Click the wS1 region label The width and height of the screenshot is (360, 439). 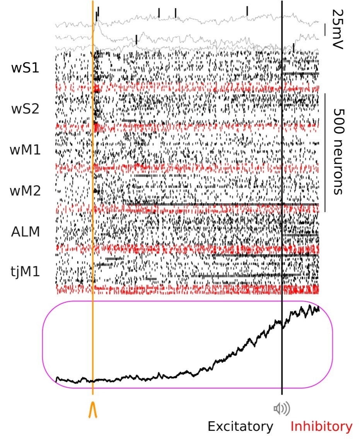26,68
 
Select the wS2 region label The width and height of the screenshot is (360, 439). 26,109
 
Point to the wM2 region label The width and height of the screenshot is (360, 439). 26,191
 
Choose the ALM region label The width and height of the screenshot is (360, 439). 26,232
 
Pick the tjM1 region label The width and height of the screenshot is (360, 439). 26,272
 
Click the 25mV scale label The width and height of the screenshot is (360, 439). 338,29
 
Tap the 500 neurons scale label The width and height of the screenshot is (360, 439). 338,151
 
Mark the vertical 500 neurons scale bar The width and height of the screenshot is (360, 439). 325,152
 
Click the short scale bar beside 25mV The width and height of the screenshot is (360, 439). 326,29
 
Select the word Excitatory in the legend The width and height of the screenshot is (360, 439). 240,427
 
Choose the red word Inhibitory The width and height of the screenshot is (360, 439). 321,427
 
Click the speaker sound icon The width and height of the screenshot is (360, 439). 282,408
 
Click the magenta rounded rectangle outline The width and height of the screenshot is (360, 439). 43,344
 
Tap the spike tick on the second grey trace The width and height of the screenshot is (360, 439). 136,39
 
